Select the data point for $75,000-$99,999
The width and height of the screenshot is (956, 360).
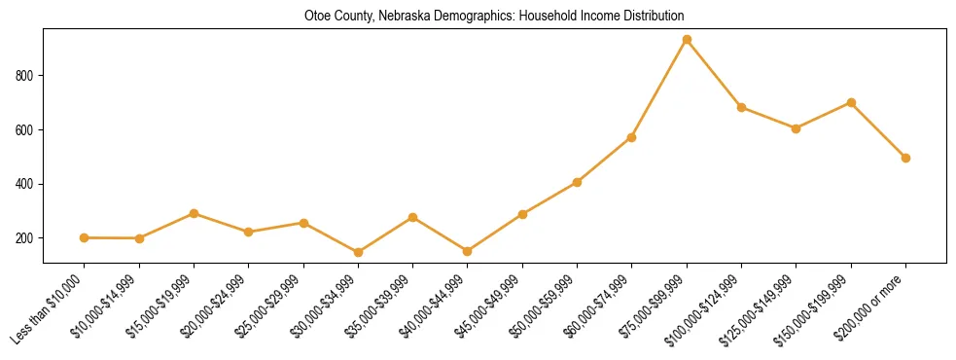click(687, 40)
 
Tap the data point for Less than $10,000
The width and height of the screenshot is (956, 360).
click(85, 237)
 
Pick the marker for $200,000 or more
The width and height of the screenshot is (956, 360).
click(905, 158)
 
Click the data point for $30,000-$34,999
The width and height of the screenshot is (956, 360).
click(359, 253)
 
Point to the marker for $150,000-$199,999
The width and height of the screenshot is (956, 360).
click(851, 102)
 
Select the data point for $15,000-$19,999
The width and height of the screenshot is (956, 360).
click(195, 213)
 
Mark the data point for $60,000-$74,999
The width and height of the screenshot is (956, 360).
click(632, 137)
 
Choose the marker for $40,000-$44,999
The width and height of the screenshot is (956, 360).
click(468, 251)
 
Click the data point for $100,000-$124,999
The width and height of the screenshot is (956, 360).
click(742, 107)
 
